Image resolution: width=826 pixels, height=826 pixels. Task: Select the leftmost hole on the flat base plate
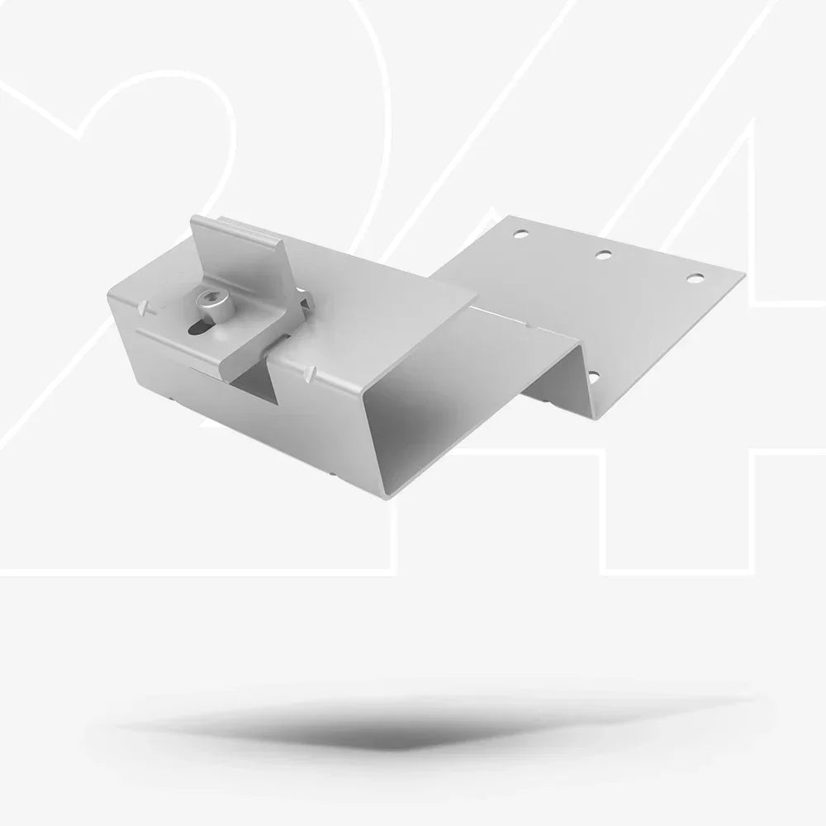520,233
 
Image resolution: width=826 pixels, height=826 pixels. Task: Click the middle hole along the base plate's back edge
604,255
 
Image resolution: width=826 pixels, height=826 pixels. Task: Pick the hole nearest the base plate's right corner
695,278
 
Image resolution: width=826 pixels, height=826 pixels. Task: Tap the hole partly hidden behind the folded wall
592,377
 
